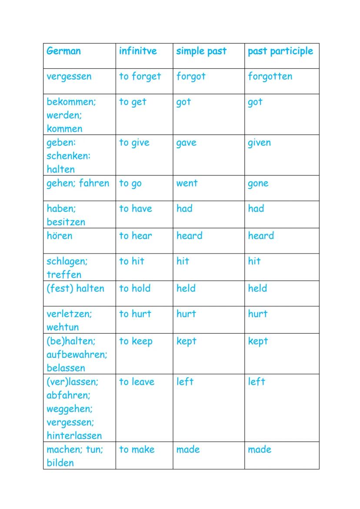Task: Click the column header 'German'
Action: point(63,51)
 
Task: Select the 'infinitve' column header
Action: point(138,51)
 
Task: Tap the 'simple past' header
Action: point(201,51)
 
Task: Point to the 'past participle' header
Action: point(280,51)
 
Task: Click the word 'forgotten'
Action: point(270,77)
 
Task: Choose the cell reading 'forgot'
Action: point(191,77)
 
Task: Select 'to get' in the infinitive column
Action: point(133,102)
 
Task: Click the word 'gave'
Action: point(186,143)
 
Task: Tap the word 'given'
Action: point(259,143)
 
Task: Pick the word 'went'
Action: point(187,183)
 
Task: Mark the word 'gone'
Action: point(258,183)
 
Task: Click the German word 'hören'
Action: point(60,236)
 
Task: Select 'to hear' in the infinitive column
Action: point(136,236)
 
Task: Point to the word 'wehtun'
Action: point(63,327)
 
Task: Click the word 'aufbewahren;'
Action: point(77,354)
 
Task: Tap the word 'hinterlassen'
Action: point(74,436)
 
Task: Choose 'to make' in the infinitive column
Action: point(137,449)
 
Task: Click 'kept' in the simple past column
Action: point(187,341)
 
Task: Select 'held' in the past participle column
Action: point(257,288)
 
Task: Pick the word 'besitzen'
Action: point(66,222)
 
